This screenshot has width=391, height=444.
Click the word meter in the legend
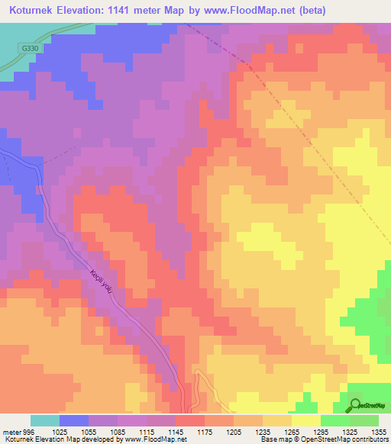[x=11, y=431]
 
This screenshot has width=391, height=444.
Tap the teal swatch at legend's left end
[x=44, y=420]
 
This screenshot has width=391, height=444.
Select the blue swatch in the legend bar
[x=73, y=420]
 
